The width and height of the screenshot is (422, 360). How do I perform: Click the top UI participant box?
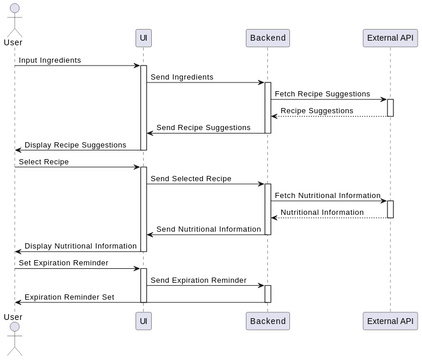pyautogui.click(x=143, y=38)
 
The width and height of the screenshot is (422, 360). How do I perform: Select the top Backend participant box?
pyautogui.click(x=267, y=38)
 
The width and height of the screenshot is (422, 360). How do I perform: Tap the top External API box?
pyautogui.click(x=390, y=38)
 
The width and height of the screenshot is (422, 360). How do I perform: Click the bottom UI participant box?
pyautogui.click(x=143, y=320)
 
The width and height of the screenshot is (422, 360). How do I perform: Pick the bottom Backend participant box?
pyautogui.click(x=267, y=320)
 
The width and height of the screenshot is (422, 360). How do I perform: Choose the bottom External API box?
pyautogui.click(x=390, y=320)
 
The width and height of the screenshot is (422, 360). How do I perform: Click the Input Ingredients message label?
pyautogui.click(x=50, y=60)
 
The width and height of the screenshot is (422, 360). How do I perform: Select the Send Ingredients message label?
pyautogui.click(x=181, y=77)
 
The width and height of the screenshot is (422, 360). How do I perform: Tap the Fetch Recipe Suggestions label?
pyautogui.click(x=321, y=94)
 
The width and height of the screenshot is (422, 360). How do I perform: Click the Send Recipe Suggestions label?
pyautogui.click(x=203, y=127)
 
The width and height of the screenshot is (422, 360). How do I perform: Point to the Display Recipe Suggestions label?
pyautogui.click(x=76, y=144)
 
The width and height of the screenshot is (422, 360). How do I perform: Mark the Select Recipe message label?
pyautogui.click(x=43, y=161)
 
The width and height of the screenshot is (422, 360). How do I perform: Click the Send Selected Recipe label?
pyautogui.click(x=190, y=178)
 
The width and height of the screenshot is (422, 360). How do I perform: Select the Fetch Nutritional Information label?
pyautogui.click(x=327, y=195)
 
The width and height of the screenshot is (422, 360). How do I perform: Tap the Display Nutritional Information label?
pyautogui.click(x=80, y=246)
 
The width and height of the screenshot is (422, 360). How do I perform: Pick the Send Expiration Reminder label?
pyautogui.click(x=198, y=280)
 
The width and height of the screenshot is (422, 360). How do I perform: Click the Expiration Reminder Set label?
pyautogui.click(x=69, y=297)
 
